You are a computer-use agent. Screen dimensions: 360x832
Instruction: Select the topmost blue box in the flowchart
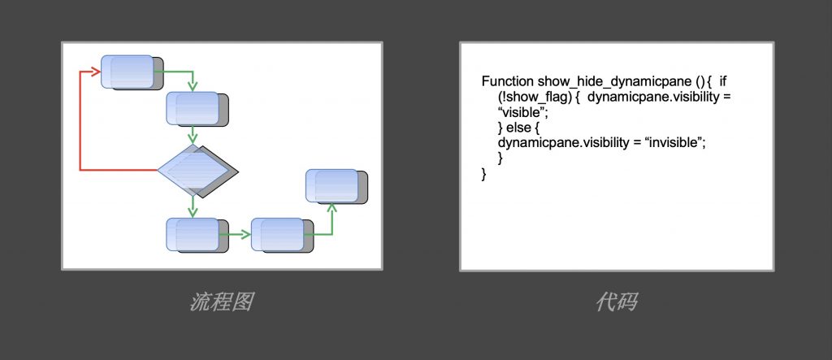(x=127, y=72)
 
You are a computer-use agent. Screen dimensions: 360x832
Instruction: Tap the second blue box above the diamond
(x=193, y=108)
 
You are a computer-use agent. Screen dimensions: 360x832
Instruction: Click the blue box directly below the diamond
(x=192, y=234)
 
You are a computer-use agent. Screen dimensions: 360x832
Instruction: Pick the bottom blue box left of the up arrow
(x=277, y=234)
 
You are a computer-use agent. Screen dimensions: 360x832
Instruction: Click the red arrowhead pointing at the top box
(x=96, y=72)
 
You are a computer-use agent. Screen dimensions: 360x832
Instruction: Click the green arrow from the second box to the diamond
(x=193, y=134)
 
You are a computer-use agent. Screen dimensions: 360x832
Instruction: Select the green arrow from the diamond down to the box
(x=193, y=206)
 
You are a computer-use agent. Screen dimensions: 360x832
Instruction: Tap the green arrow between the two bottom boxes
(x=236, y=234)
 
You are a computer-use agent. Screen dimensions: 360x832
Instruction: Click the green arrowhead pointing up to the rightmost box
(x=331, y=207)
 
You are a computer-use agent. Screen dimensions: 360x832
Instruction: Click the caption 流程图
(x=222, y=303)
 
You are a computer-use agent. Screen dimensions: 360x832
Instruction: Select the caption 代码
(x=616, y=303)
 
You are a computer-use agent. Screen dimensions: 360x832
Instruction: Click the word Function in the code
(x=507, y=82)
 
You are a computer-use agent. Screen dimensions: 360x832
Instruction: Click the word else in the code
(x=519, y=128)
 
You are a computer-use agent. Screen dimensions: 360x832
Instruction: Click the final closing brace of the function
(x=484, y=174)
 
